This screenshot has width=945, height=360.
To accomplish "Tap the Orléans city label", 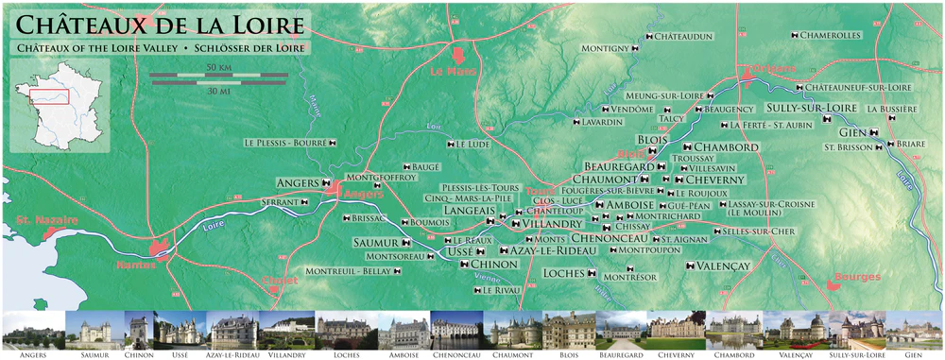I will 767,69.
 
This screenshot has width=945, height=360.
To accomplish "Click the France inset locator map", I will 57,105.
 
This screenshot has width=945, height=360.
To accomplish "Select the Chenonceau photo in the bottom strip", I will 455,332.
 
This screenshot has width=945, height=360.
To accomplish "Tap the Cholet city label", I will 279,282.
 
